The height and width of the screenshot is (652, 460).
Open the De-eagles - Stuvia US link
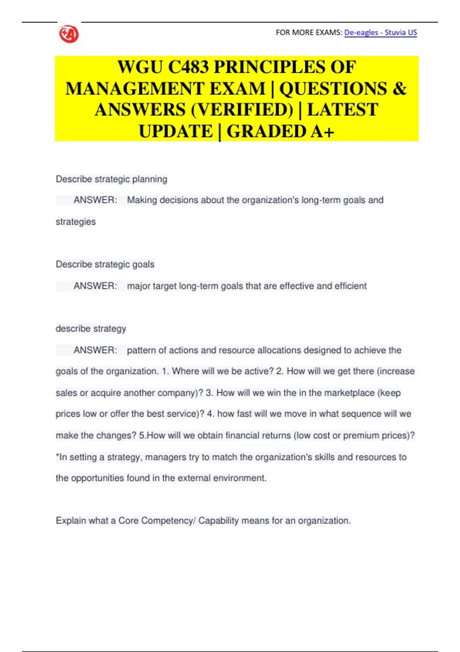380,33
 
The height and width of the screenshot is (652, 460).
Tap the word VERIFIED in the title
242,110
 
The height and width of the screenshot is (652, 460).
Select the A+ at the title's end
322,132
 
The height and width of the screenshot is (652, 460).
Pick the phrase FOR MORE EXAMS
308,33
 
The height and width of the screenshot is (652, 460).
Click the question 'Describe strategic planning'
111,179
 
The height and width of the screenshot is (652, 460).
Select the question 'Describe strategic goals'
105,264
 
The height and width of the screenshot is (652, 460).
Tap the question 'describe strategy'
91,329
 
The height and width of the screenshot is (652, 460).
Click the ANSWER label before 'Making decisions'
95,200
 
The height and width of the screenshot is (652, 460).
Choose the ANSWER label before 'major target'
95,286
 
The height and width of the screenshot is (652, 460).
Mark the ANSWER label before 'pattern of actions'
95,350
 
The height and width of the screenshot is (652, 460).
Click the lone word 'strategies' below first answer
76,222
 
